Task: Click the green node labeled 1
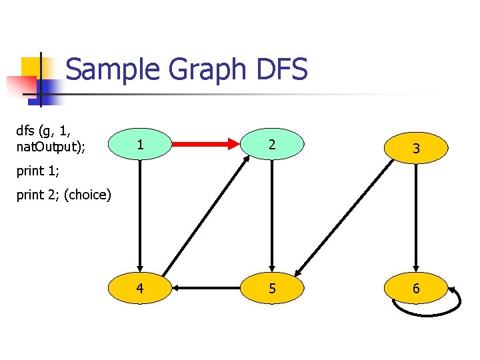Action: point(139,144)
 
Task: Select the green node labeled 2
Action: point(271,144)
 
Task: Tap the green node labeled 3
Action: point(416,149)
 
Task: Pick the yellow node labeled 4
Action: point(139,289)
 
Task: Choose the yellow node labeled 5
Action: point(271,289)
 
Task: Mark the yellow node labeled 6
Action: point(416,289)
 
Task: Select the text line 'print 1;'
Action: point(38,171)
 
